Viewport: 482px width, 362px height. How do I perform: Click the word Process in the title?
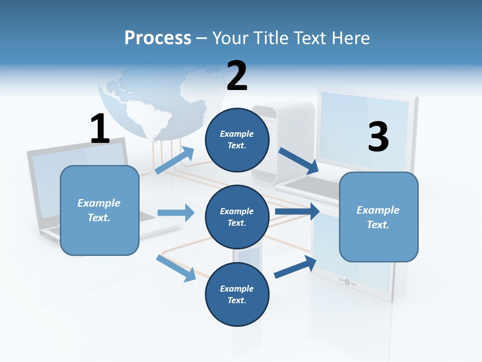coord(158,38)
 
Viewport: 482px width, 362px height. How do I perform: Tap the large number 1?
coord(100,129)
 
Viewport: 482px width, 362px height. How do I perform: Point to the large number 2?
coord(237,76)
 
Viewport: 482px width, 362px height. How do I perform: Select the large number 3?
coord(378,137)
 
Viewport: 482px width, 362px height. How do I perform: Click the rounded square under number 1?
coord(99,210)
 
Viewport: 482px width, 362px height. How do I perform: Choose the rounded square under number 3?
coord(379,217)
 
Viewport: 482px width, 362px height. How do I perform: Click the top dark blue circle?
coord(237,140)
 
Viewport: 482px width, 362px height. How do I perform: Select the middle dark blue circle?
coord(237,217)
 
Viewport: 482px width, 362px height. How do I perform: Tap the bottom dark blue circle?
coord(237,294)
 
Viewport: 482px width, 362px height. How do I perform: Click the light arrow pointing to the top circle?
coord(174,160)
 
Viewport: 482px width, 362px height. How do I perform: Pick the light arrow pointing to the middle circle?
coord(176,213)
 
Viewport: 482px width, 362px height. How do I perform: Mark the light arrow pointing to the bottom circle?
coord(176,268)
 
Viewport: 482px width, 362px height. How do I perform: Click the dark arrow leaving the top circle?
coord(299,161)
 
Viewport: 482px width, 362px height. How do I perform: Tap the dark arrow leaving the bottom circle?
coord(295,266)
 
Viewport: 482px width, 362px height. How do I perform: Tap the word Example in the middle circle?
coord(237,211)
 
